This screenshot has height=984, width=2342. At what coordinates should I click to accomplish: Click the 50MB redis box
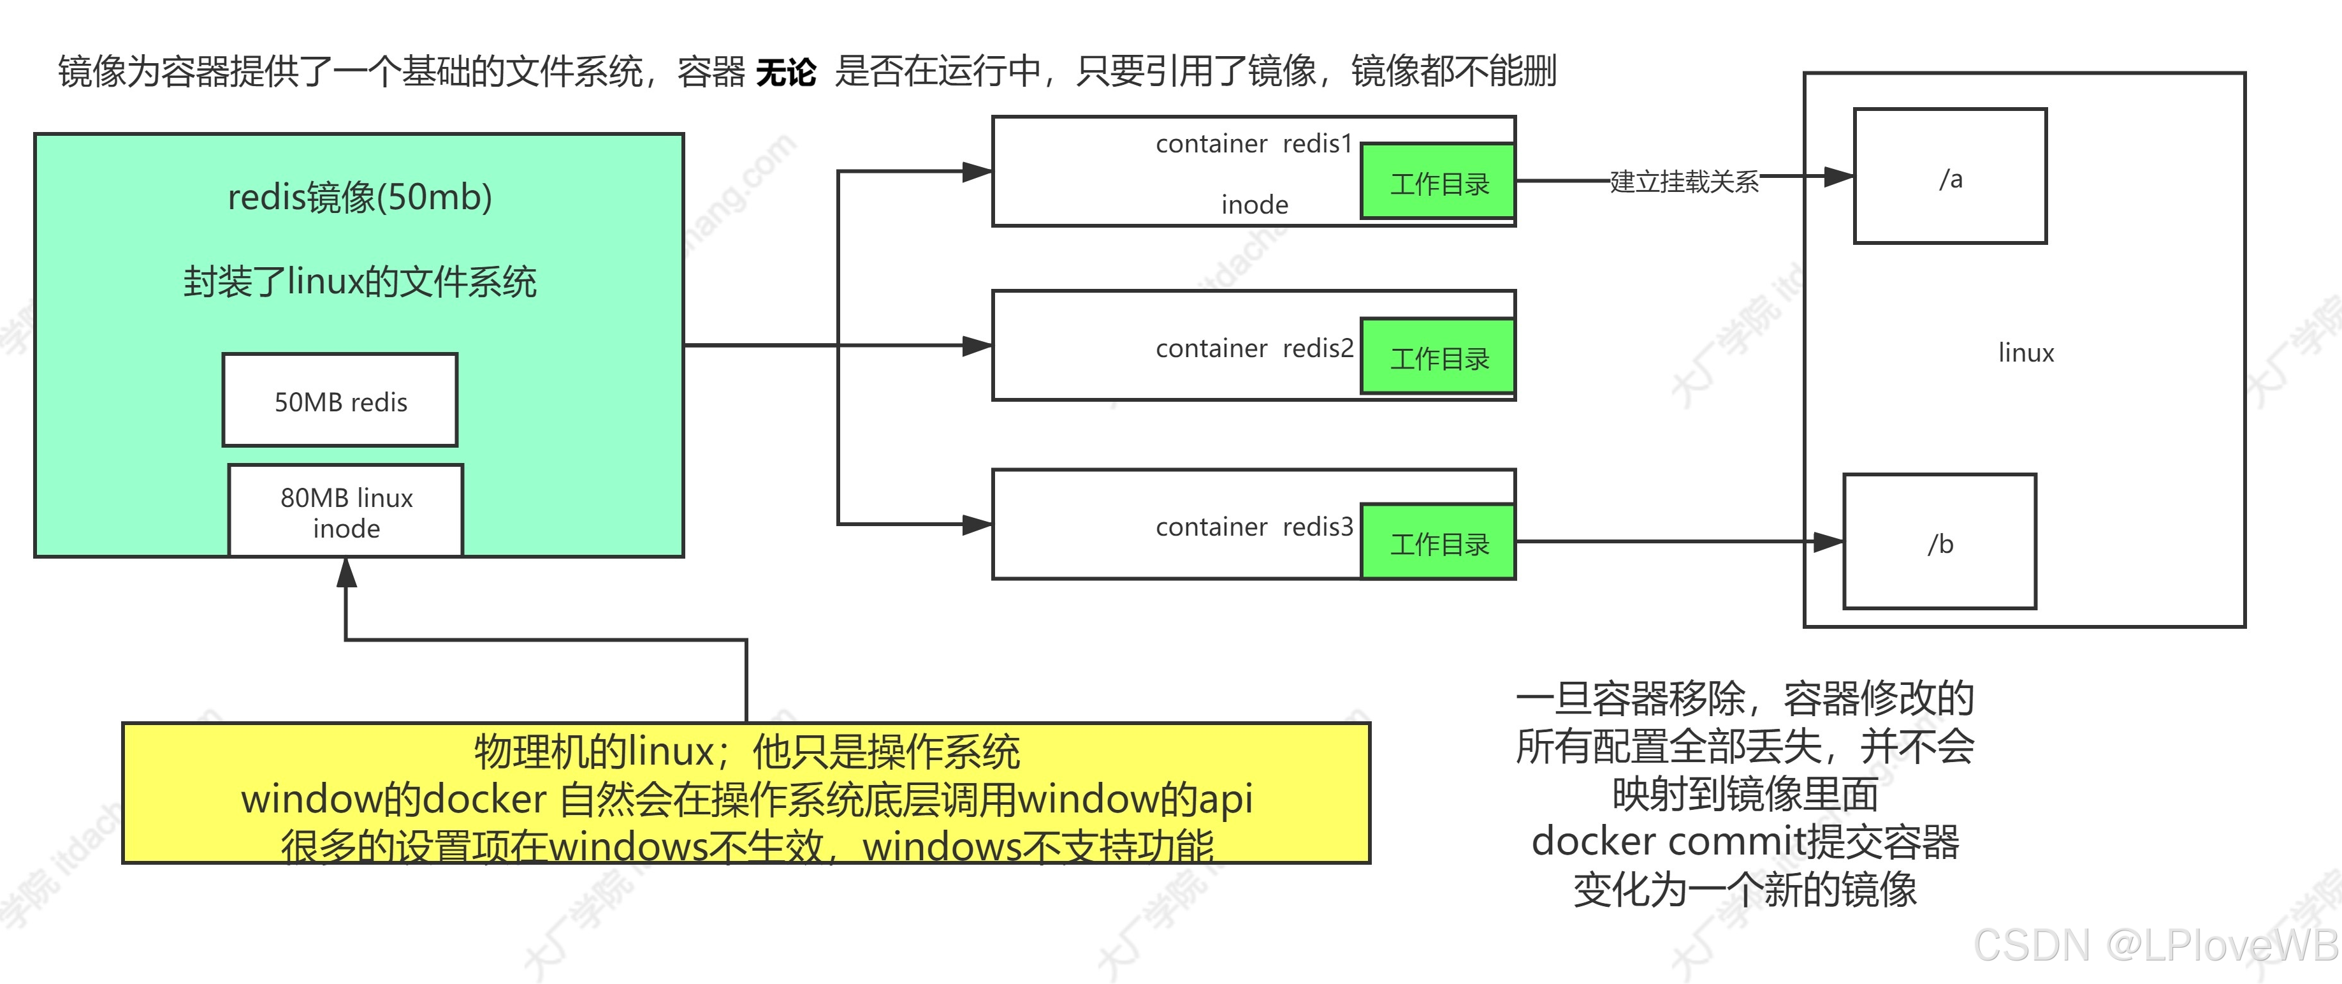pyautogui.click(x=340, y=400)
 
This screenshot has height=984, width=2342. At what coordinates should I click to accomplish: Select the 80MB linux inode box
pyautogui.click(x=345, y=511)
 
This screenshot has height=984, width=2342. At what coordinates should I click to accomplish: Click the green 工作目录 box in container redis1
pyautogui.click(x=1438, y=182)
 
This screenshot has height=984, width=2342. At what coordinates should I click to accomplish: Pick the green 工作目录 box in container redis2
pyautogui.click(x=1438, y=357)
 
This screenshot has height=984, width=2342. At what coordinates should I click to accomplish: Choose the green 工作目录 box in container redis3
pyautogui.click(x=1438, y=543)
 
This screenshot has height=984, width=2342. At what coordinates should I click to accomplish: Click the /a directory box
pyautogui.click(x=1950, y=177)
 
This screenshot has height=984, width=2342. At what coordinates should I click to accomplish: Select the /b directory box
pyautogui.click(x=1939, y=542)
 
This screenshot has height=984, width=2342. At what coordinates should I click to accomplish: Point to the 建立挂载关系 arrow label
pyautogui.click(x=1684, y=181)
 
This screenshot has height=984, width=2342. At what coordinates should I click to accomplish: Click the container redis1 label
pyautogui.click(x=1254, y=143)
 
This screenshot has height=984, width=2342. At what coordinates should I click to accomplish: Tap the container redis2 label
pyautogui.click(x=1254, y=348)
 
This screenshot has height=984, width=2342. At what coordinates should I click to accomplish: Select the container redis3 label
pyautogui.click(x=1254, y=527)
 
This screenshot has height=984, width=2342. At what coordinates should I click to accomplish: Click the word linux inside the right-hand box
pyautogui.click(x=2026, y=353)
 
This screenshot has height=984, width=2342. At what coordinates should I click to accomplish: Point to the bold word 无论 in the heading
pyautogui.click(x=785, y=71)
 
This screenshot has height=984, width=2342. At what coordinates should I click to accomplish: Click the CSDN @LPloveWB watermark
pyautogui.click(x=2155, y=946)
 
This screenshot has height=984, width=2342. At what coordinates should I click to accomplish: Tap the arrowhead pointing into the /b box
pyautogui.click(x=1828, y=542)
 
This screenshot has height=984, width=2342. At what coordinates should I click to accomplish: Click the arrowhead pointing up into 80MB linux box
pyautogui.click(x=346, y=572)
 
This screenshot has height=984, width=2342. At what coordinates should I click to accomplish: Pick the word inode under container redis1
pyautogui.click(x=1254, y=205)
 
